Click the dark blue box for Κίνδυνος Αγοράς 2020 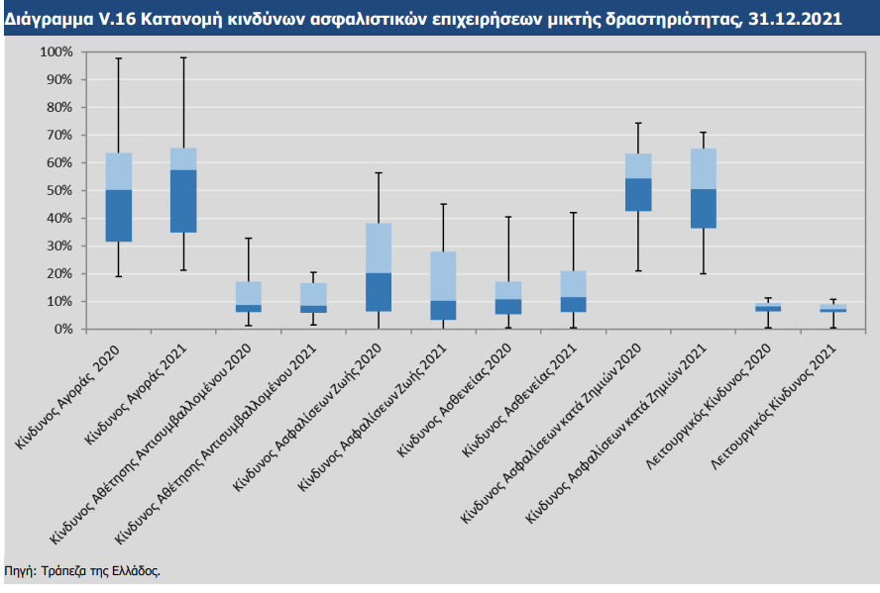(x=119, y=216)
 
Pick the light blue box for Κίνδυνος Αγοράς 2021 (x=183, y=158)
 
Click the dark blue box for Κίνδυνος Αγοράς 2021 (x=183, y=201)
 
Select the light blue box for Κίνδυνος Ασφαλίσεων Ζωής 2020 (x=379, y=247)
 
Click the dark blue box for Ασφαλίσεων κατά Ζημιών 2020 (x=638, y=194)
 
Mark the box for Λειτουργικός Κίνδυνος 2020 (x=768, y=307)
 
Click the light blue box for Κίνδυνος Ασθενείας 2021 (x=574, y=283)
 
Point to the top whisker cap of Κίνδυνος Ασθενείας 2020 (x=508, y=217)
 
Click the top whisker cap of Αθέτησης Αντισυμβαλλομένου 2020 (x=249, y=239)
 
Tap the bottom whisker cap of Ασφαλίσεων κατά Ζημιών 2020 (x=638, y=270)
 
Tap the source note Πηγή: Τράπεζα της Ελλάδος (x=82, y=571)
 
